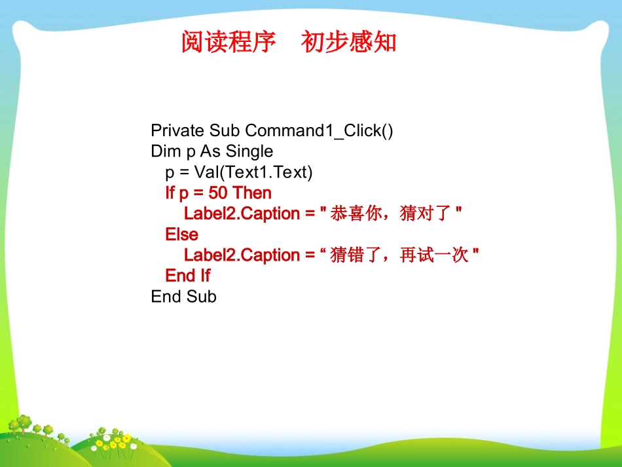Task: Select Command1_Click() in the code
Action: click(319, 131)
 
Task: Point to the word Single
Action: click(249, 152)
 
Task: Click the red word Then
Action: click(252, 193)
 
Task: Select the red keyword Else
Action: click(181, 234)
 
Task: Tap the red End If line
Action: click(187, 276)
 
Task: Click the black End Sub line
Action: click(183, 297)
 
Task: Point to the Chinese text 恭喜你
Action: click(356, 214)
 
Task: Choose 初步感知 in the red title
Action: click(349, 43)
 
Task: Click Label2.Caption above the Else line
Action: click(242, 214)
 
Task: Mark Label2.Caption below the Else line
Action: click(242, 255)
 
